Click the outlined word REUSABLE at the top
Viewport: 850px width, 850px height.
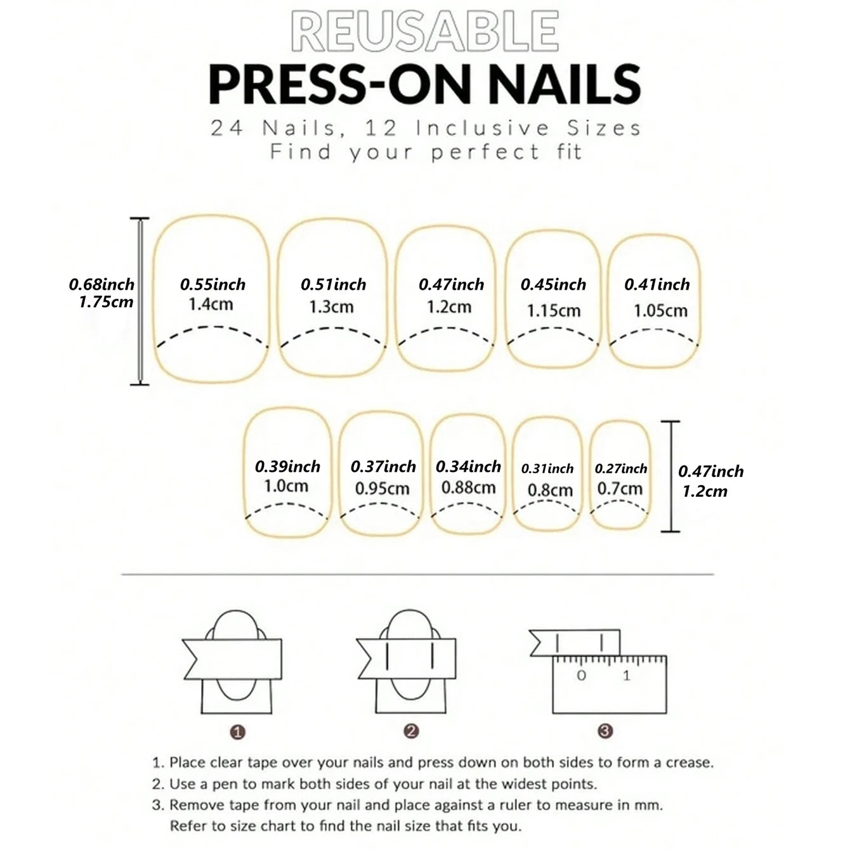[424, 32]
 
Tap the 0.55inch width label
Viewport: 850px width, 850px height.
[213, 285]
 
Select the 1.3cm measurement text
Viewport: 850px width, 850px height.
[331, 307]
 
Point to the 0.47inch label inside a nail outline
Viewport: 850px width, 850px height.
[451, 285]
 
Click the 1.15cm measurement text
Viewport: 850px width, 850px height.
[554, 311]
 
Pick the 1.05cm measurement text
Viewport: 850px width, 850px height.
[660, 311]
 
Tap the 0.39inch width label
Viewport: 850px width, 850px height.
[287, 467]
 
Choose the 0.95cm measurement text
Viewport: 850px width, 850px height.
[382, 489]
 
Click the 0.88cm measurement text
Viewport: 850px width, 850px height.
[468, 488]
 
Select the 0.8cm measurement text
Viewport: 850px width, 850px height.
[550, 490]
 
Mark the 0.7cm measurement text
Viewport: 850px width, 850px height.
[620, 489]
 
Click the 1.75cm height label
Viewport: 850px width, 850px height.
[106, 302]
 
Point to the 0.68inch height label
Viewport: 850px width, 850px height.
[101, 285]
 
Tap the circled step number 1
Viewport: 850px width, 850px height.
[238, 733]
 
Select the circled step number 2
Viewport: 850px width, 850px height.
[411, 731]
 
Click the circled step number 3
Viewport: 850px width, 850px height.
[605, 731]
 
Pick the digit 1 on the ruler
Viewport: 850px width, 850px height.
[627, 676]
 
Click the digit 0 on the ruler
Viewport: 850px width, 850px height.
[581, 676]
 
